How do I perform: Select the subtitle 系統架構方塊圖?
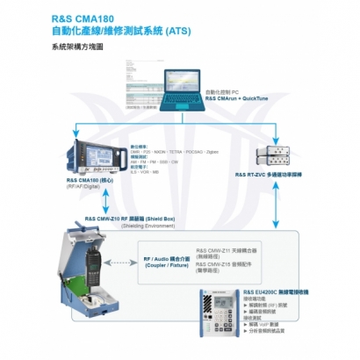(65, 49)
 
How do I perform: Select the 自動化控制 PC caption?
(223, 91)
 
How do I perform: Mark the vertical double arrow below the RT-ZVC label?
(278, 215)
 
